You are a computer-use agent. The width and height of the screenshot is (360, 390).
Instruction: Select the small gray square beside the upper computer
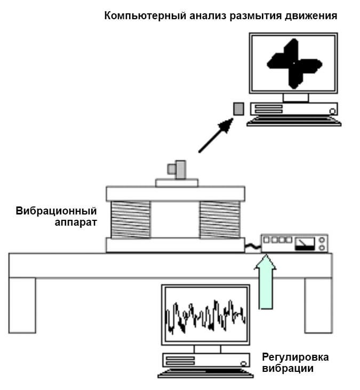238,109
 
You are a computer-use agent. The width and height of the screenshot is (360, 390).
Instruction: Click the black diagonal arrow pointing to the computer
216,136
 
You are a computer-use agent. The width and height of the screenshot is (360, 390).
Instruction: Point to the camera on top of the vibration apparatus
177,170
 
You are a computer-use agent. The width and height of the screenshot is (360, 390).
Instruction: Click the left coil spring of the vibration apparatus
130,219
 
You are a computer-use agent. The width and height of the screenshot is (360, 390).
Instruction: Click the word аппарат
76,221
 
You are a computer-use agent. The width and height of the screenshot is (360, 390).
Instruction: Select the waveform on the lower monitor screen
206,317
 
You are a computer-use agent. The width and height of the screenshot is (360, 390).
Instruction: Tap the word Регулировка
295,357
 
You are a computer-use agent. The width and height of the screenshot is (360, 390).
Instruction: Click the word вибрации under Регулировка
288,368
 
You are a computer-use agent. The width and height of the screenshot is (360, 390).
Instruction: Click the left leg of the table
22,305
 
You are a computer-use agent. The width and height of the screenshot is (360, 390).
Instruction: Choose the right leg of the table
318,305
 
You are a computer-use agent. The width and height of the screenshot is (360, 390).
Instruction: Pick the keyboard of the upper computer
294,121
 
